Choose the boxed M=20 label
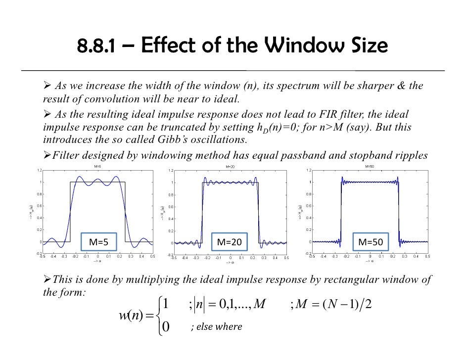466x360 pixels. (230, 242)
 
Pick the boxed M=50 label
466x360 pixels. (370, 242)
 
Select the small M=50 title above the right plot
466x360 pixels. (370, 167)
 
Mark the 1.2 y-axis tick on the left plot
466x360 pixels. (39, 171)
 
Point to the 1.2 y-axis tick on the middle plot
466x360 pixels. (170, 171)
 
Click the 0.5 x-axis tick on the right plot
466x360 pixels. (427, 256)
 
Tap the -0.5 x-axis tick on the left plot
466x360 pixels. (43, 256)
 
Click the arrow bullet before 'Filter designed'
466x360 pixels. (47, 156)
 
